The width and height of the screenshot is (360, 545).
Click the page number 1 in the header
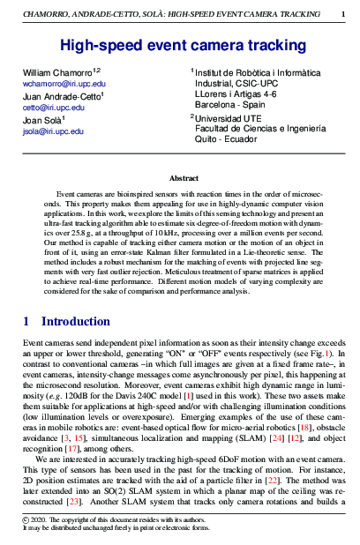[x=343, y=15]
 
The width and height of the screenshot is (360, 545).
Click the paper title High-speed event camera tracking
[x=183, y=45]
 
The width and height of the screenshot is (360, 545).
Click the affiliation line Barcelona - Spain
[x=224, y=102]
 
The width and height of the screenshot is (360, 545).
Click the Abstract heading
[x=183, y=178]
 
